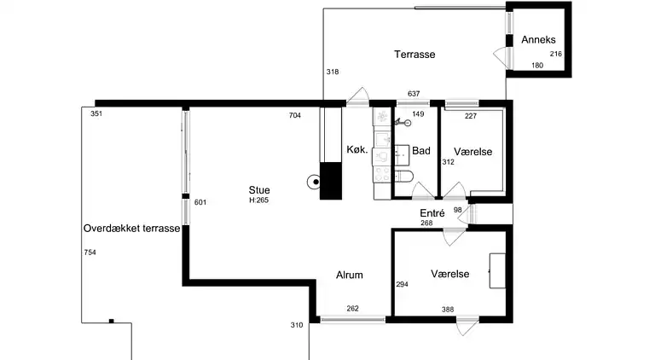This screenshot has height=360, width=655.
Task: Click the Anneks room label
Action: pos(538,40)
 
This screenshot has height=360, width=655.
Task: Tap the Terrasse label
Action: pos(414,55)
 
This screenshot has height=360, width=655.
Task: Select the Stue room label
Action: pos(259,190)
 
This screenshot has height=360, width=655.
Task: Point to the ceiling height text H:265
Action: pos(259,200)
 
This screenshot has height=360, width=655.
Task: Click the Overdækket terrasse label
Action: pos(131,229)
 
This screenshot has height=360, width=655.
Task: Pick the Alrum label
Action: pos(350,275)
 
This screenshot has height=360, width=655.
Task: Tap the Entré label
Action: pos(432,213)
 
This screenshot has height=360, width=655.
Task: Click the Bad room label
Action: pos(421,151)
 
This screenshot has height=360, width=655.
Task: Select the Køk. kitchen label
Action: pos(357,149)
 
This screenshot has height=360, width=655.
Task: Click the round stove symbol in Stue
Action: pos(314,182)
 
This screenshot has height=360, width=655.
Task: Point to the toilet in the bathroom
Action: pos(403,177)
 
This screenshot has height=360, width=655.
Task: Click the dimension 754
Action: pos(90,253)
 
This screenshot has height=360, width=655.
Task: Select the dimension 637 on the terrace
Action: pos(414,94)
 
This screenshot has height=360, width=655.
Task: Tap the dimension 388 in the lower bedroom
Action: pos(448,310)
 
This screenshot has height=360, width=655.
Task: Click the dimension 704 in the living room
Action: pos(295,115)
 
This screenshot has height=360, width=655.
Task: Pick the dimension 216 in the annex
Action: pos(555,54)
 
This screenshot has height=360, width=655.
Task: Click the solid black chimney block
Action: pos(331,181)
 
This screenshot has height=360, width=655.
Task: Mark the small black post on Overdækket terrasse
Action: pos(111,321)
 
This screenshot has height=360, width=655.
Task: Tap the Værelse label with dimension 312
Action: pos(473,152)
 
